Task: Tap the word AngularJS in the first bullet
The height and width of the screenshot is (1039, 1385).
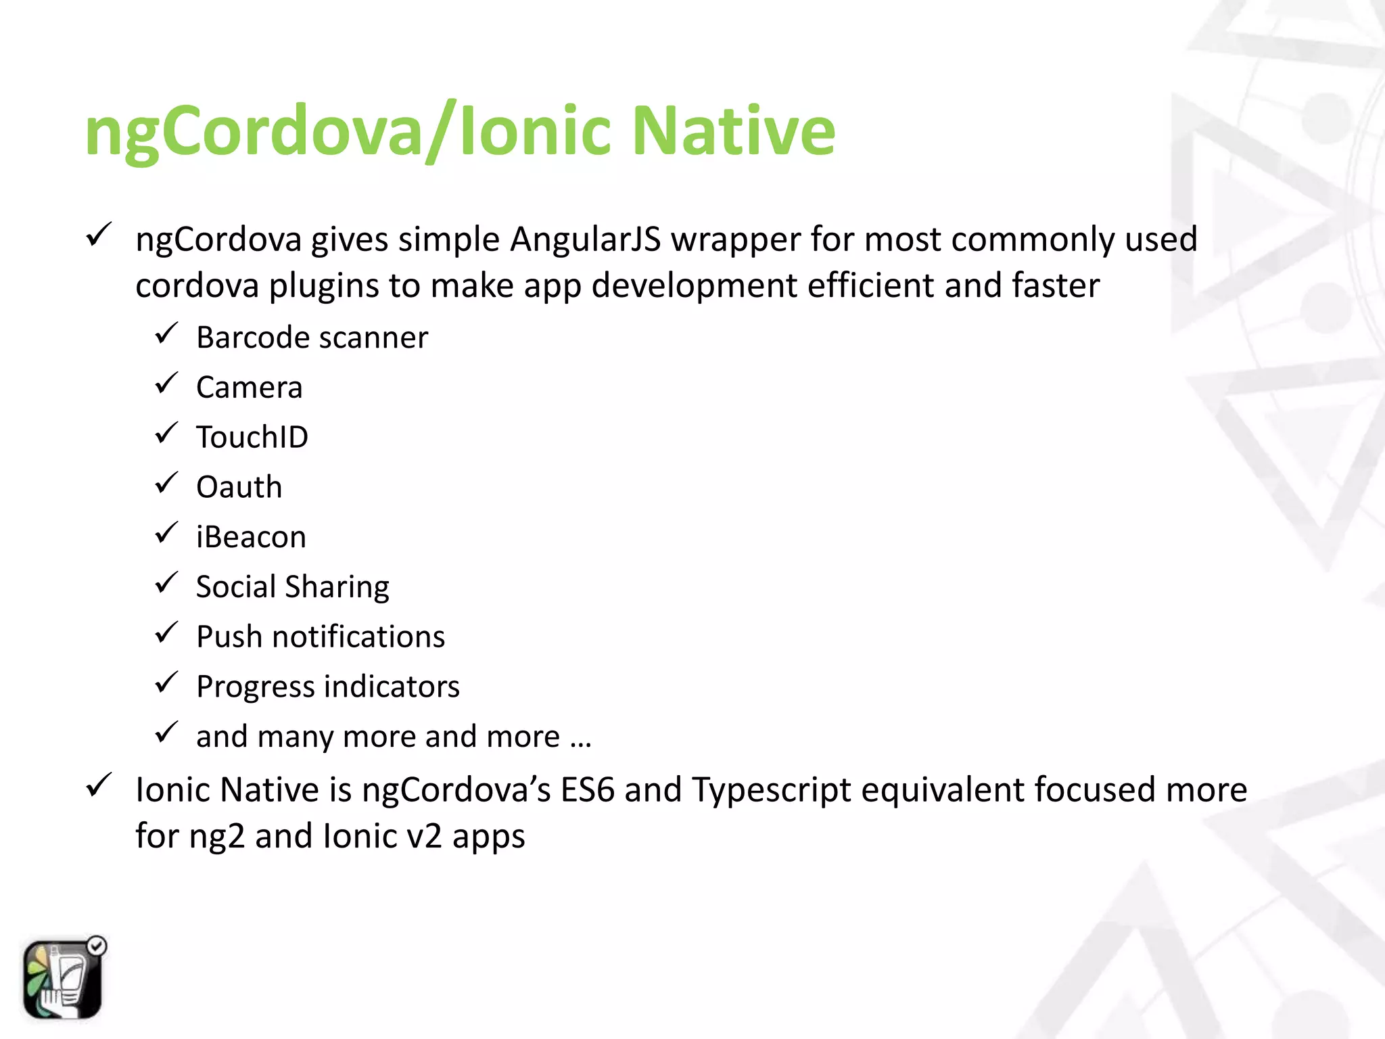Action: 585,239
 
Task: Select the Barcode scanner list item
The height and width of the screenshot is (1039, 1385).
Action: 312,338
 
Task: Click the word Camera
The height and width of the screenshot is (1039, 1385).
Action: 249,388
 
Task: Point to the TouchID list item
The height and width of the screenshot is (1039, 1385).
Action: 252,437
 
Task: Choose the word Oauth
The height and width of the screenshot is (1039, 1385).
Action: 239,487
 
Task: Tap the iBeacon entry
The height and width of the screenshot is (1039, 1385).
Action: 251,537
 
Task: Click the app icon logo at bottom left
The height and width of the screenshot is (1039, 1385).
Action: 62,979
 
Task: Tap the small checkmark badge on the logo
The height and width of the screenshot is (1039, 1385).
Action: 97,946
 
